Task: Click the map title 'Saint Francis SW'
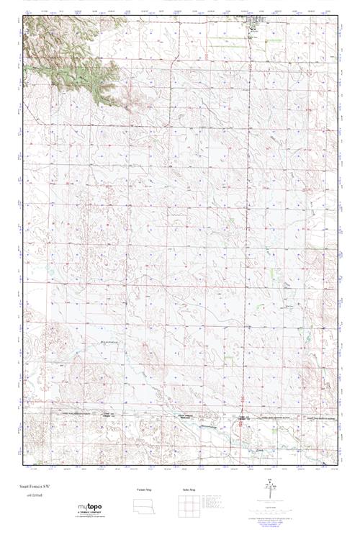35,487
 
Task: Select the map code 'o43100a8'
30,496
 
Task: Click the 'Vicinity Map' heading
145,490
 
